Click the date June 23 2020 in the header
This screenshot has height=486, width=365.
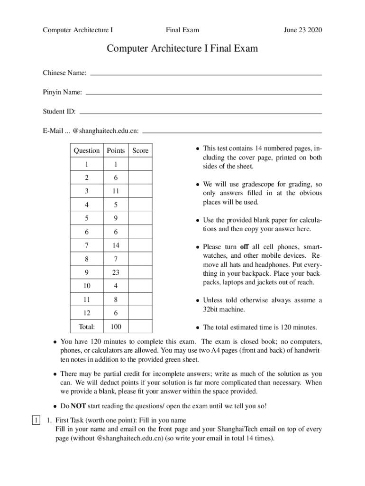click(302, 30)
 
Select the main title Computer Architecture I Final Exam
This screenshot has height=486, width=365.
click(182, 49)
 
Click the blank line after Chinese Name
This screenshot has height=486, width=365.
click(206, 75)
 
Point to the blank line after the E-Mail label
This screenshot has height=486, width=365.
click(232, 132)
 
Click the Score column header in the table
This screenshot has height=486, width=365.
click(140, 150)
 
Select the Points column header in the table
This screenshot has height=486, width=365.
click(116, 150)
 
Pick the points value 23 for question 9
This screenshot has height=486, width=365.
click(116, 273)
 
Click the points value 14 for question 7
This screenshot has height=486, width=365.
click(116, 245)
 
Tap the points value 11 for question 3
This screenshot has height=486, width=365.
click(116, 191)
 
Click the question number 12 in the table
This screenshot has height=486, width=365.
click(87, 313)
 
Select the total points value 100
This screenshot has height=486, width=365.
click(116, 327)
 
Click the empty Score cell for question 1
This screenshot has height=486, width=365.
click(140, 164)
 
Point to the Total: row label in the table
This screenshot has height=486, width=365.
click(87, 327)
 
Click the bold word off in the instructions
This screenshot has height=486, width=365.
click(244, 247)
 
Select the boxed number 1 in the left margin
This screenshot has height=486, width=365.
click(36, 421)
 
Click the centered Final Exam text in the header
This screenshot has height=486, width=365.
click(182, 30)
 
